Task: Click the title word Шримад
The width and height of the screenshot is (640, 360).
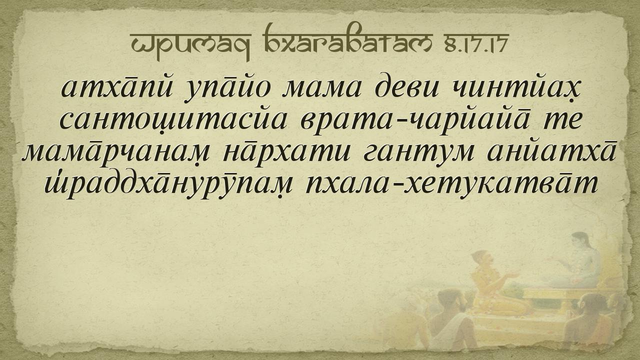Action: coord(190,45)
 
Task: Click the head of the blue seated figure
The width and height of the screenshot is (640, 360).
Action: coord(579,240)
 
